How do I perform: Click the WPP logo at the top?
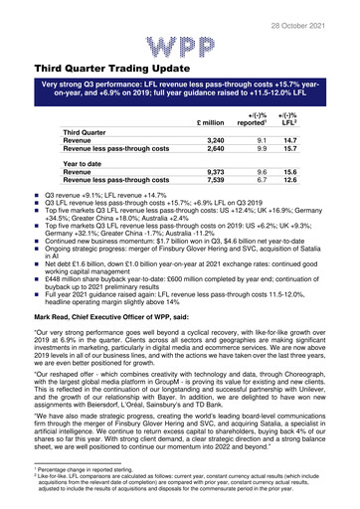coord(179,46)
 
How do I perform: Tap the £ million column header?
coord(217,122)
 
